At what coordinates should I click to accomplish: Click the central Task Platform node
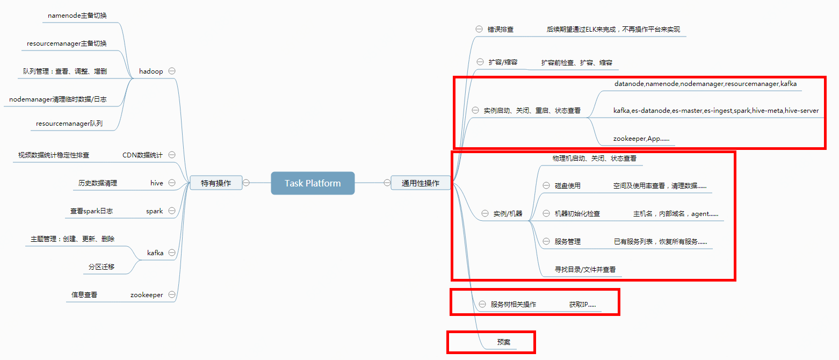pyautogui.click(x=313, y=183)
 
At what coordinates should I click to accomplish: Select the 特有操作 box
pyautogui.click(x=216, y=183)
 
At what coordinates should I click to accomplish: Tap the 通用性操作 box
pyautogui.click(x=421, y=183)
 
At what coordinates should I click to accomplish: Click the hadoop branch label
pyautogui.click(x=151, y=71)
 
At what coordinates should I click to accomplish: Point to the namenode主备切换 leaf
pyautogui.click(x=77, y=16)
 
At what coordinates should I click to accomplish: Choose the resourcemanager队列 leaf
pyautogui.click(x=69, y=124)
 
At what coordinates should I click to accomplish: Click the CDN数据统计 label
pyautogui.click(x=142, y=155)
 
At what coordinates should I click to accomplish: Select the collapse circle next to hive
pyautogui.click(x=172, y=183)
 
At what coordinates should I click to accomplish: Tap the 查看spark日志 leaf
pyautogui.click(x=91, y=211)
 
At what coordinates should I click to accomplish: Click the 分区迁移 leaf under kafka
pyautogui.click(x=102, y=267)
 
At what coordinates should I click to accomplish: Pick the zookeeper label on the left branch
pyautogui.click(x=147, y=295)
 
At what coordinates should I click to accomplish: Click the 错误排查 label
pyautogui.click(x=501, y=30)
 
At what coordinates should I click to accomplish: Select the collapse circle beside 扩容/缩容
pyautogui.click(x=480, y=62)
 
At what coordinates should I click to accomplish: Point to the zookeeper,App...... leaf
pyautogui.click(x=641, y=139)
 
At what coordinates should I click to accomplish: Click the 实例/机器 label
pyautogui.click(x=508, y=214)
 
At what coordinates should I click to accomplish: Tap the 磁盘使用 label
pyautogui.click(x=568, y=186)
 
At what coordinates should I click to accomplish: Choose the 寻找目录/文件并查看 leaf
pyautogui.click(x=585, y=270)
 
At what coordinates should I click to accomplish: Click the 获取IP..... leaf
pyautogui.click(x=582, y=305)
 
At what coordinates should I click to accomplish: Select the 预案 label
pyautogui.click(x=503, y=342)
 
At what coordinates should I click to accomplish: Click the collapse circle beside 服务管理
pyautogui.click(x=546, y=242)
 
